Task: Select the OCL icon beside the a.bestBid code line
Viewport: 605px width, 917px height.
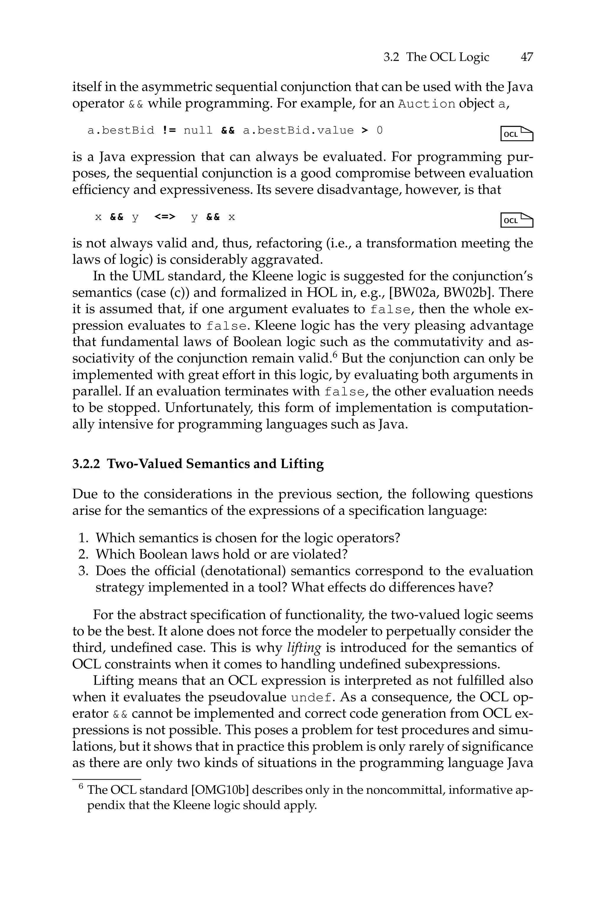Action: tap(517, 134)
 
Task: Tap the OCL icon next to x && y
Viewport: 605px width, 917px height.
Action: tap(517, 220)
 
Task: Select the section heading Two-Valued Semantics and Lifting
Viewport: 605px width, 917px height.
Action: tap(215, 463)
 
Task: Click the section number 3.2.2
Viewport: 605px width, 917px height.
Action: tap(86, 463)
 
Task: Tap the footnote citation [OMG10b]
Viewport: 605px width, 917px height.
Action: tap(219, 790)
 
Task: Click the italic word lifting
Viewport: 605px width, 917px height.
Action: tap(304, 648)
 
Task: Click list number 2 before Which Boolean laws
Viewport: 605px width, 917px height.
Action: tap(83, 555)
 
